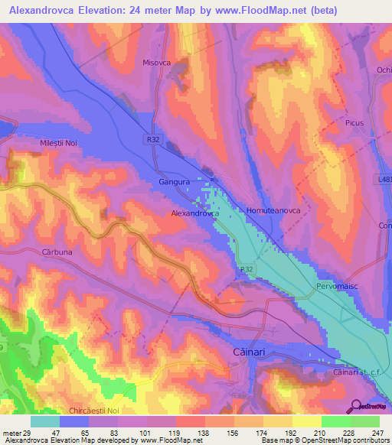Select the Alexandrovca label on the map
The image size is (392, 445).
(194, 214)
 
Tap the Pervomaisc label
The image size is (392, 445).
(337, 285)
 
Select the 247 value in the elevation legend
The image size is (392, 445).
(377, 433)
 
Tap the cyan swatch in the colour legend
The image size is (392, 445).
(45, 421)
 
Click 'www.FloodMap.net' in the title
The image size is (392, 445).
(248, 9)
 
